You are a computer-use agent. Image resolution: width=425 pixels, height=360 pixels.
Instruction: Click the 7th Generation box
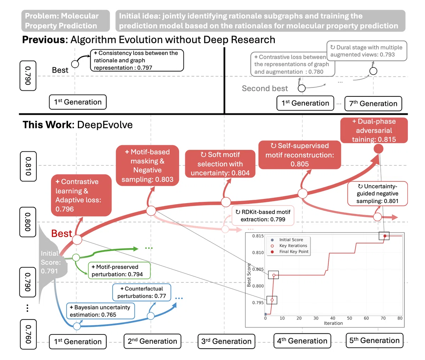tap(373, 103)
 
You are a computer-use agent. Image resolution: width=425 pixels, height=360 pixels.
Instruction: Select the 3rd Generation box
tap(226, 341)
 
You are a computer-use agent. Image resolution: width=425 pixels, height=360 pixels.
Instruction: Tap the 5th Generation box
tap(374, 341)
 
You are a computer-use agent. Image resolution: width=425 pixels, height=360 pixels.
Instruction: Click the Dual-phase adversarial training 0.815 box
tap(374, 130)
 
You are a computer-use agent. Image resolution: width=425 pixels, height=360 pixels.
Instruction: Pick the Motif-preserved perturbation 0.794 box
tap(119, 270)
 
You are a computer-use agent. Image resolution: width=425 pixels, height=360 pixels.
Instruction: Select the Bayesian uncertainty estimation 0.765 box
tap(101, 311)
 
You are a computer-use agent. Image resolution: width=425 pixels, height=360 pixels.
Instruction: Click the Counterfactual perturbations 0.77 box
tap(142, 292)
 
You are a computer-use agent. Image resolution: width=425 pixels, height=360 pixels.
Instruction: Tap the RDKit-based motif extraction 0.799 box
tap(263, 215)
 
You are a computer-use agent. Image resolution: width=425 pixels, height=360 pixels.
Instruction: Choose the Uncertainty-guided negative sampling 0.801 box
tap(378, 193)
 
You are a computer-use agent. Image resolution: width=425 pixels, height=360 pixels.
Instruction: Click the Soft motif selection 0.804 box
tap(220, 164)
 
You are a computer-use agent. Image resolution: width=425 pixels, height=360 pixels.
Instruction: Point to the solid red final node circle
tap(378, 148)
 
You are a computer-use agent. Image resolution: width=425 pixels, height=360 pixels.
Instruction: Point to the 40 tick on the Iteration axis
tap(333, 318)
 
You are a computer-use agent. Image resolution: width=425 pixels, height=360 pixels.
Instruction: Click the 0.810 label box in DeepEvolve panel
tap(28, 166)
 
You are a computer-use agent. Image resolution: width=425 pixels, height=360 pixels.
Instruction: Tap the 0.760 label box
tap(28, 334)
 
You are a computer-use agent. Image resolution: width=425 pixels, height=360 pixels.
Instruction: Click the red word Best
tap(62, 234)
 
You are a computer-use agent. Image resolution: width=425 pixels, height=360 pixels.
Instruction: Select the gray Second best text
tap(265, 89)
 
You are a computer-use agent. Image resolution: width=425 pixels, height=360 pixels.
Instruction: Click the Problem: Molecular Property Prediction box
tap(66, 21)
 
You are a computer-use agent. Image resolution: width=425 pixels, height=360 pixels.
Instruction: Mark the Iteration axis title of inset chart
tap(333, 323)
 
